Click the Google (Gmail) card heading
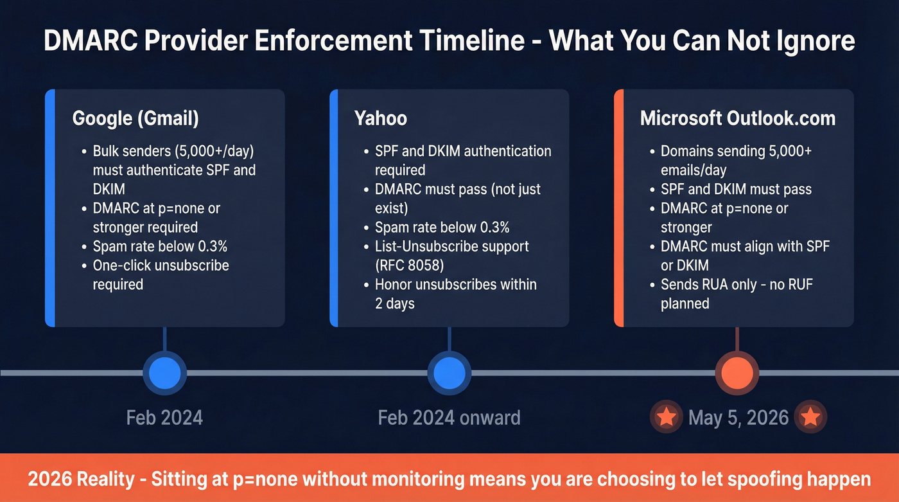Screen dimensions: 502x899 135,119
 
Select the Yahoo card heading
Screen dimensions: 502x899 380,119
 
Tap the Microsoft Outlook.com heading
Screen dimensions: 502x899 738,119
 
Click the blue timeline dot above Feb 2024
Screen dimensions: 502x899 164,373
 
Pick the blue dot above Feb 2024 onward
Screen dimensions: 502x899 449,373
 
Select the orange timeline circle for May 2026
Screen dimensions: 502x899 737,373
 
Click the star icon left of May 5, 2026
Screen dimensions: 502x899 667,418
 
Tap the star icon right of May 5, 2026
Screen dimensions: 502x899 811,418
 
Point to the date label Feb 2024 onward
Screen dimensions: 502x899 449,418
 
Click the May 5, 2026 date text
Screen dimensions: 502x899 738,418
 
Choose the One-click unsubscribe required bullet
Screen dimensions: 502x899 161,274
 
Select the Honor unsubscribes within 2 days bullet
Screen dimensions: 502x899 455,294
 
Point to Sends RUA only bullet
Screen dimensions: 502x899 737,294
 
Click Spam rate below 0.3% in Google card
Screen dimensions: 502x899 160,246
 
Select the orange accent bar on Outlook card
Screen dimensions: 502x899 619,208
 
